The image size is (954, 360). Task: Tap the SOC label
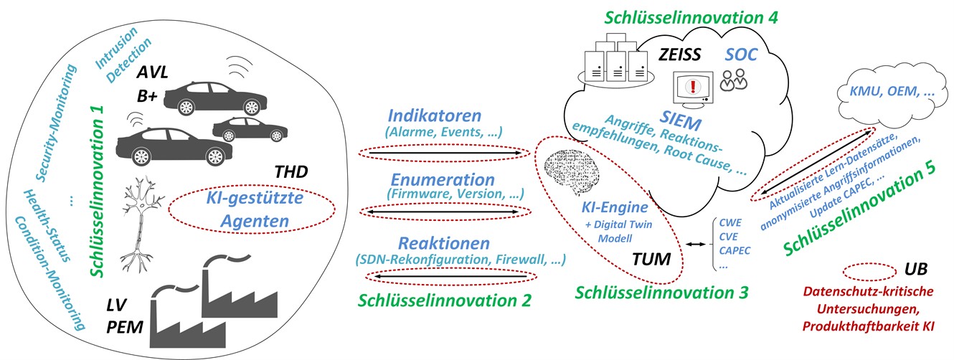[x=741, y=55]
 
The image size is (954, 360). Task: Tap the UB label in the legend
[x=915, y=270]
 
